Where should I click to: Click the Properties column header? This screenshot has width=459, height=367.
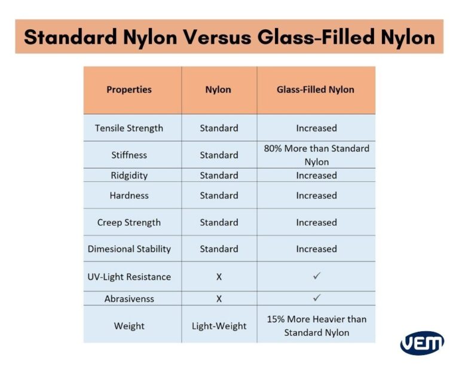[x=129, y=90]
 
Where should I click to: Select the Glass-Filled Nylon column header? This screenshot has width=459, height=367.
[x=316, y=90]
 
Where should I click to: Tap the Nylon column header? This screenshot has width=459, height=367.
[x=218, y=90]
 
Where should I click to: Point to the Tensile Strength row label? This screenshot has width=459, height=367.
[x=129, y=128]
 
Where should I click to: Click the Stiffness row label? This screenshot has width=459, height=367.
[x=129, y=155]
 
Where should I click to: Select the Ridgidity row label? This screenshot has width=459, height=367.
[x=129, y=175]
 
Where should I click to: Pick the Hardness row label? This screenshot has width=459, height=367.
[x=129, y=195]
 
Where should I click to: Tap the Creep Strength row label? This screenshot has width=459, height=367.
[x=129, y=222]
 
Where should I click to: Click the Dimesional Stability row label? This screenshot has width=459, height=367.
[x=129, y=249]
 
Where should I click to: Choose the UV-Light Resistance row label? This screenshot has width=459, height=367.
[x=129, y=277]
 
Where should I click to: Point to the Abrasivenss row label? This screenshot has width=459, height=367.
[x=129, y=298]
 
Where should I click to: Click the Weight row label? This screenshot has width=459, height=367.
[x=129, y=326]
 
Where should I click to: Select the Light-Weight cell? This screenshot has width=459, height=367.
[x=219, y=326]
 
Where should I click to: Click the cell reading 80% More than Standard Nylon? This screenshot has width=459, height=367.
[x=316, y=155]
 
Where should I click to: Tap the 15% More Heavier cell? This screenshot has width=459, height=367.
[x=316, y=326]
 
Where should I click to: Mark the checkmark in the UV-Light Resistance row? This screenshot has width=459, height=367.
[x=317, y=276]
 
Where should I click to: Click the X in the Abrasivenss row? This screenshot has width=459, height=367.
[x=219, y=298]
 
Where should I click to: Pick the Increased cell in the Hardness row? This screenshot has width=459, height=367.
[x=316, y=195]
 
